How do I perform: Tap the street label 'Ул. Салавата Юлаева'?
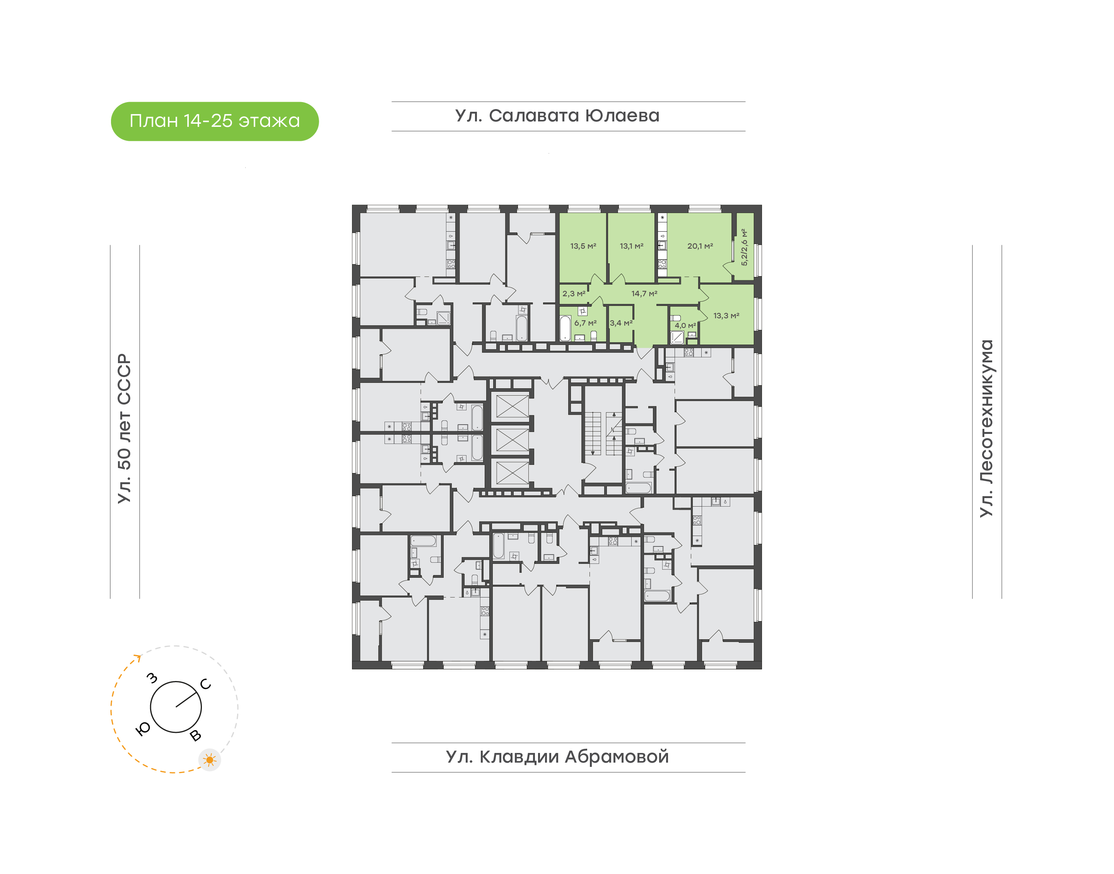557,116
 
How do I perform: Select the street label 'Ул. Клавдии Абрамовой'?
557,757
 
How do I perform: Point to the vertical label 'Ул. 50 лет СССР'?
124,428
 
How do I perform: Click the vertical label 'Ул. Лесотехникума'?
986,428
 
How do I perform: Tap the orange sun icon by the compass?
209,760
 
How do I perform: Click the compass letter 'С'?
206,684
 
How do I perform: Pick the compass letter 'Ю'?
143,729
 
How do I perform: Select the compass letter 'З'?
152,678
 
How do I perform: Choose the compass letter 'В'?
195,736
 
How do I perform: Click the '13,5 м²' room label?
583,246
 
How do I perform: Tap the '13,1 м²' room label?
631,246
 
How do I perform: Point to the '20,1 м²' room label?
700,246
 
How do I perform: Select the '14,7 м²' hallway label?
644,294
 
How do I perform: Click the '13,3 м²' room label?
726,316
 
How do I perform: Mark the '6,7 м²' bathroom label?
585,323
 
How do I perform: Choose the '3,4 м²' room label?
621,323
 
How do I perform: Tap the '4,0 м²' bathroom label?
685,326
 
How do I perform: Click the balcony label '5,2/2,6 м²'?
745,247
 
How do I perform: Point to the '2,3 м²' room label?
574,294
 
